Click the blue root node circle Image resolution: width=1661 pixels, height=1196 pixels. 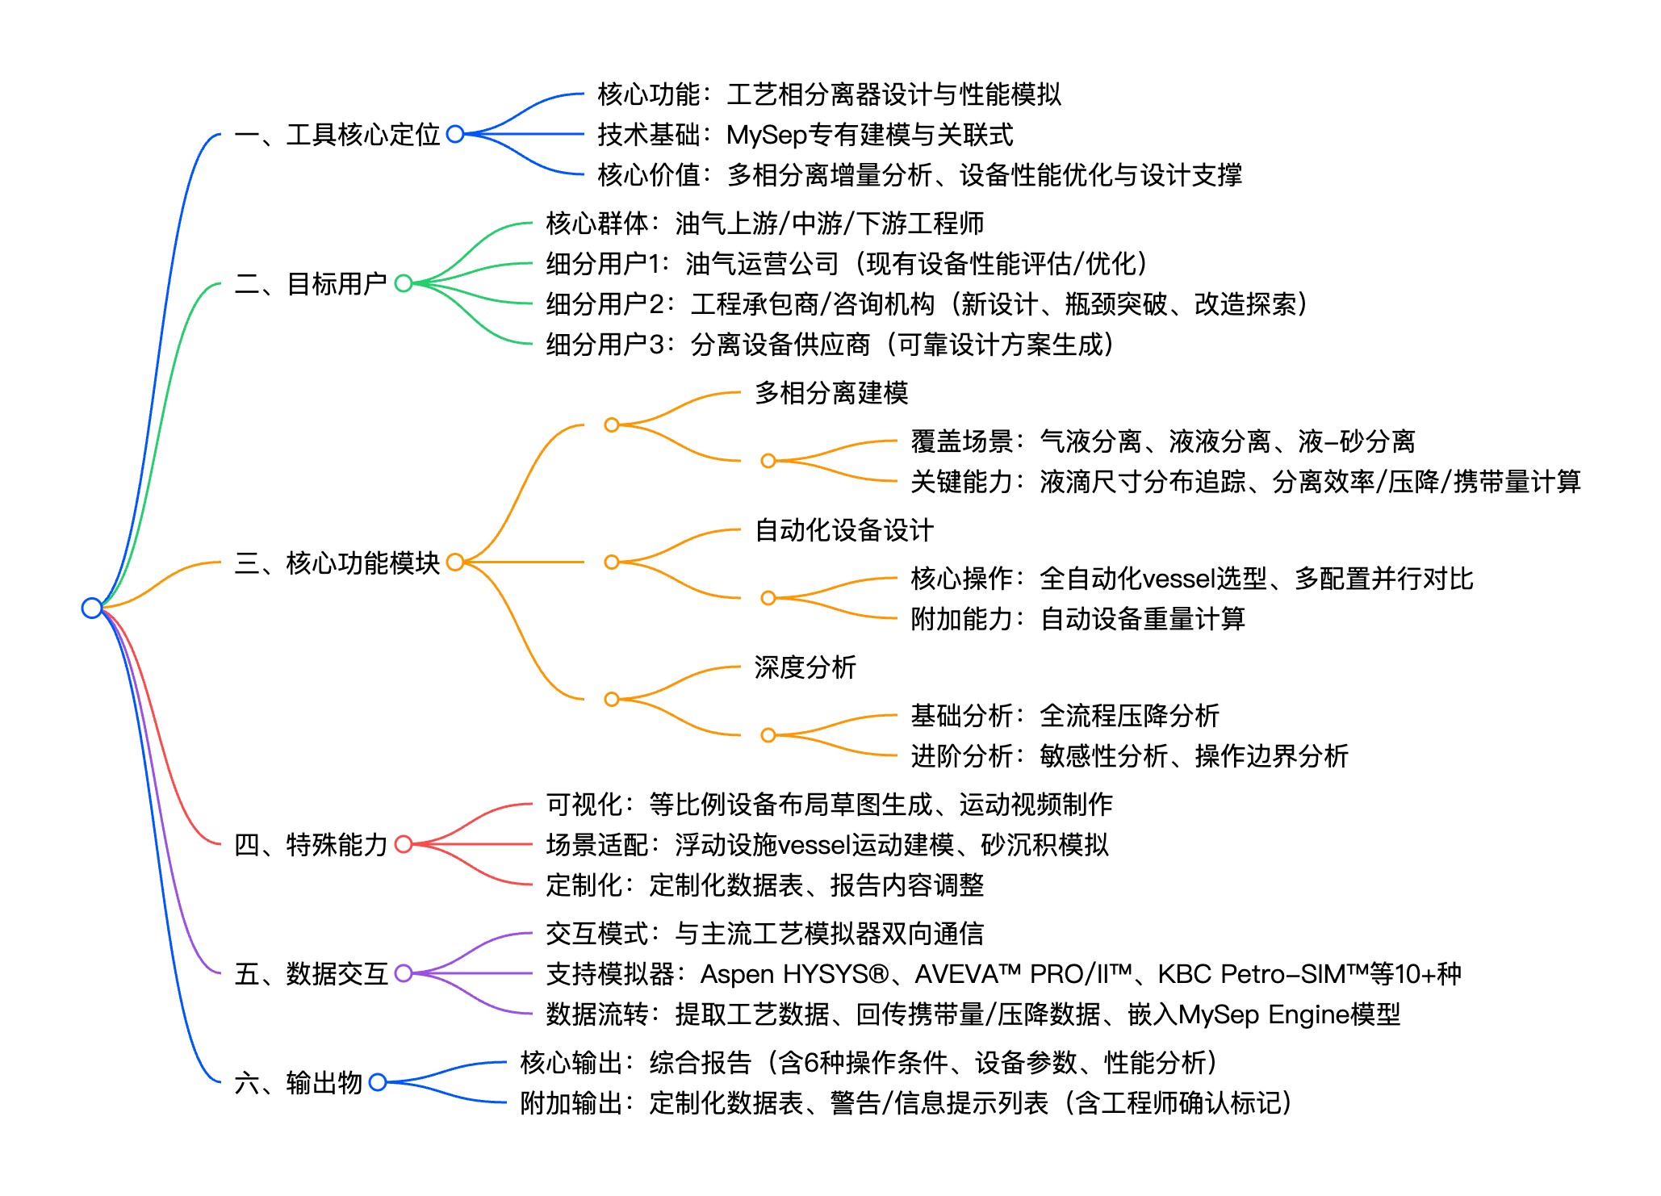tap(92, 608)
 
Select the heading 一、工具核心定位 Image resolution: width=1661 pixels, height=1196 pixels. tap(337, 135)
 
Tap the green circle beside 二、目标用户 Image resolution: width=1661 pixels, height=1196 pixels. tap(404, 283)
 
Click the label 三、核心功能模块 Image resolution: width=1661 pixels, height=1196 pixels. tap(337, 562)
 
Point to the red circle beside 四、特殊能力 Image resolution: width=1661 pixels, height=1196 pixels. tap(404, 844)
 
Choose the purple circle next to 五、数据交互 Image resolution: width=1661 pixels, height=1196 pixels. tap(404, 973)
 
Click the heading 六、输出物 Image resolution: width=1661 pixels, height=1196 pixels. tap(298, 1082)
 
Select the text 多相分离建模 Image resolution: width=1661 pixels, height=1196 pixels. tap(831, 393)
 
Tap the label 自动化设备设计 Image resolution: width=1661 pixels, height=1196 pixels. tap(844, 530)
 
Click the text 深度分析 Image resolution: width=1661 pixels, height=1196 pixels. tap(805, 667)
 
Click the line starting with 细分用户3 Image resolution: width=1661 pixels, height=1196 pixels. tap(830, 345)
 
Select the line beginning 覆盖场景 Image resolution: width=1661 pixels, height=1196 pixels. tap(1162, 441)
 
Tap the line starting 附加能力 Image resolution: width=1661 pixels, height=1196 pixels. tap(1077, 619)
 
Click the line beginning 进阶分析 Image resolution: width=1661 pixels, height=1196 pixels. tap(1129, 756)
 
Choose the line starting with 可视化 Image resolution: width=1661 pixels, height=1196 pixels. tap(829, 805)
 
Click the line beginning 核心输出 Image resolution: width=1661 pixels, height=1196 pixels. tap(868, 1063)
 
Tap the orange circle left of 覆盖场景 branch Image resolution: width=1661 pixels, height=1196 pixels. tap(768, 461)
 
